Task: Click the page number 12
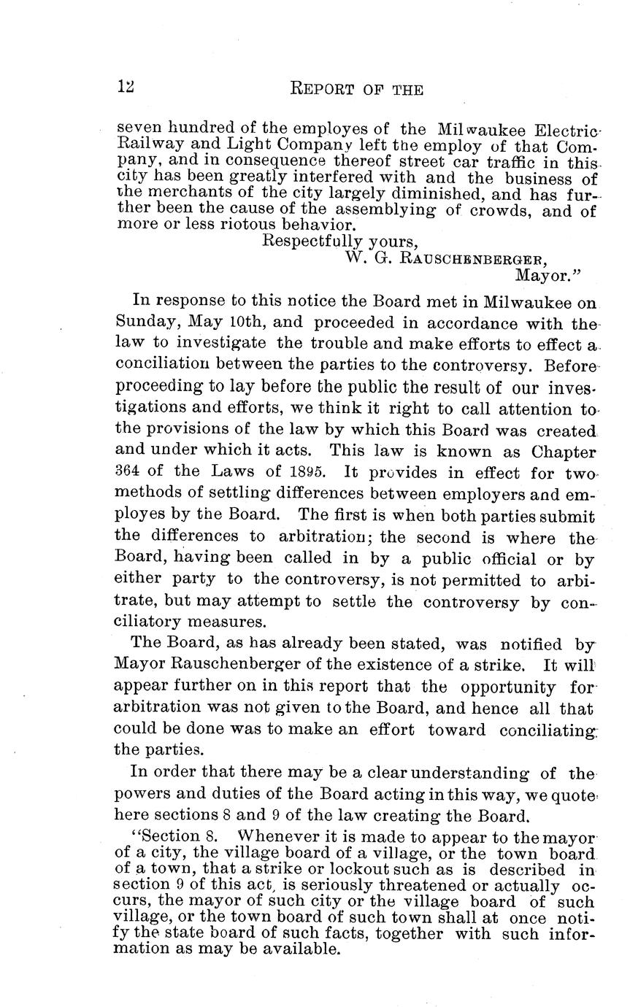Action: click(x=126, y=87)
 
